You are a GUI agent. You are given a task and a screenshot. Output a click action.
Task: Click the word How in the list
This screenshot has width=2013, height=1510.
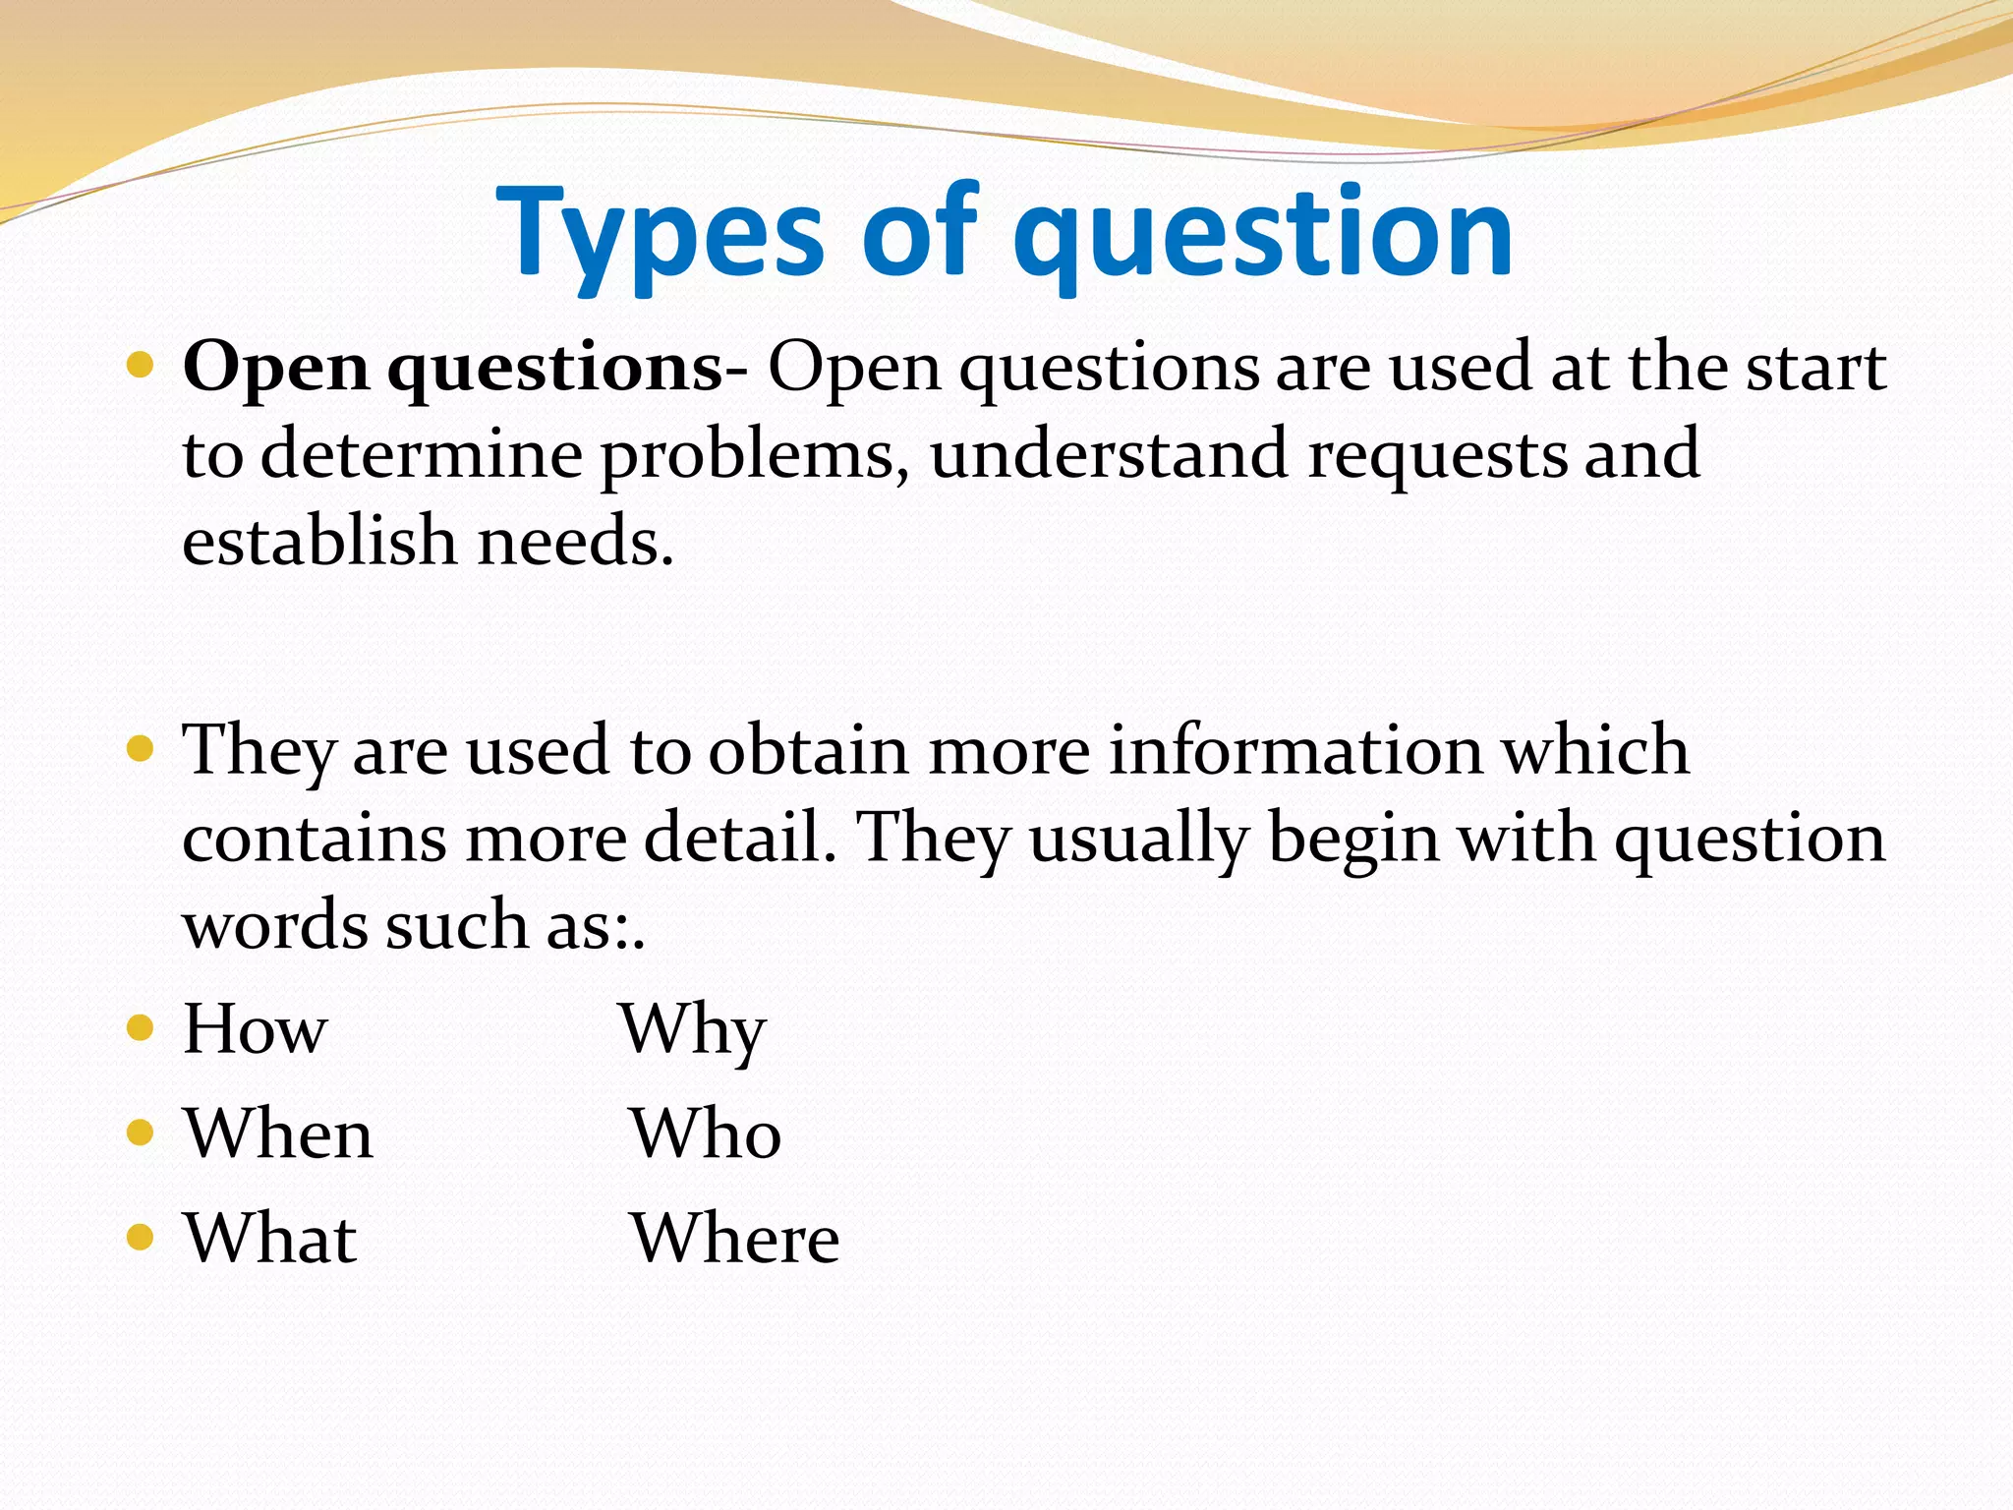pyautogui.click(x=255, y=1029)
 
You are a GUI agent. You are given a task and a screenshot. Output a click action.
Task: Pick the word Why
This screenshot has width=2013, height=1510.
pyautogui.click(x=693, y=1029)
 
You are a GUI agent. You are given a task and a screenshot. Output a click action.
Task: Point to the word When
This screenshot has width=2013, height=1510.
pyautogui.click(x=278, y=1134)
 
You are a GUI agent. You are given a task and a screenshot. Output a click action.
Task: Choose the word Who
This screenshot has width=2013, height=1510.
pyautogui.click(x=706, y=1134)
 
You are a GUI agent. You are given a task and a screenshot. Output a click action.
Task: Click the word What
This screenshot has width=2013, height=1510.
pyautogui.click(x=270, y=1239)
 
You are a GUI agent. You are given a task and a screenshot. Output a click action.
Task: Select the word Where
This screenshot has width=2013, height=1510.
pyautogui.click(x=734, y=1239)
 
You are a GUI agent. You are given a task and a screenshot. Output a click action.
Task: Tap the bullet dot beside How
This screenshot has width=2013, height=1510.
pyautogui.click(x=141, y=1028)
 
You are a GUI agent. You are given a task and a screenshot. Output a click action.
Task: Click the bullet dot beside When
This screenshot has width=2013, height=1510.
pyautogui.click(x=141, y=1133)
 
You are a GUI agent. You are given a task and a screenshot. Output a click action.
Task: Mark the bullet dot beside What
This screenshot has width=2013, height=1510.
pyautogui.click(x=141, y=1237)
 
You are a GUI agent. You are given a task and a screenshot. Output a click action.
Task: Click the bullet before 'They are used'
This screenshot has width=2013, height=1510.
pyautogui.click(x=141, y=750)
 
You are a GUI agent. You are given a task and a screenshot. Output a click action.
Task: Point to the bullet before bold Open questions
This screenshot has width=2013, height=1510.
pyautogui.click(x=141, y=367)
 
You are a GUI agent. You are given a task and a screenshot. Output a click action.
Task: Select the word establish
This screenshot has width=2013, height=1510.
pyautogui.click(x=319, y=542)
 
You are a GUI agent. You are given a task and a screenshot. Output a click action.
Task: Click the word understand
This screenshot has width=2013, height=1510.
pyautogui.click(x=1108, y=455)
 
